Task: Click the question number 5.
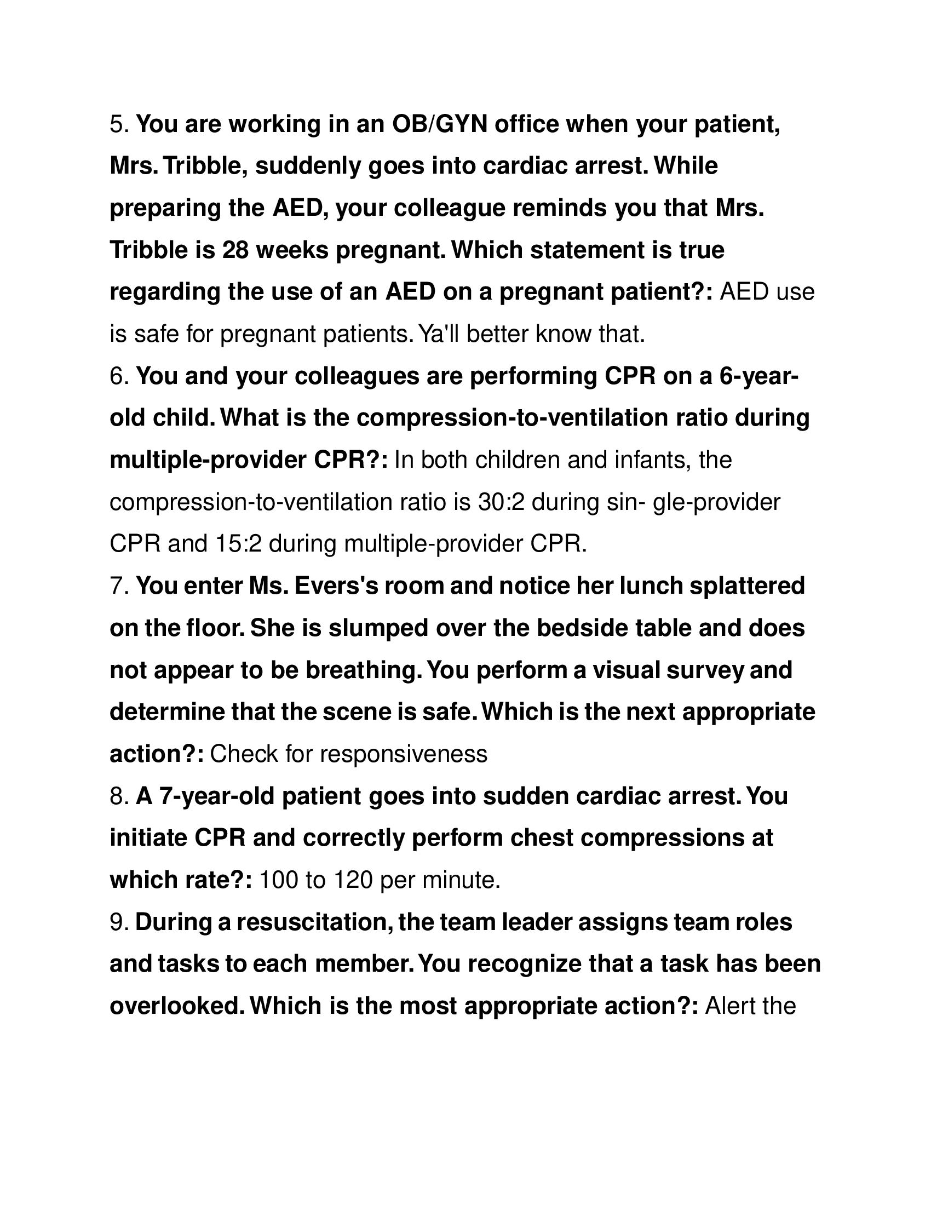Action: click(x=118, y=125)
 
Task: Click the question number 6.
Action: click(x=118, y=376)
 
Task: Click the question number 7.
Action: click(x=118, y=586)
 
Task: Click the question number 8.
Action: click(x=118, y=796)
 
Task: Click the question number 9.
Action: click(x=118, y=921)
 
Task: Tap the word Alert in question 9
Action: click(x=729, y=1005)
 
